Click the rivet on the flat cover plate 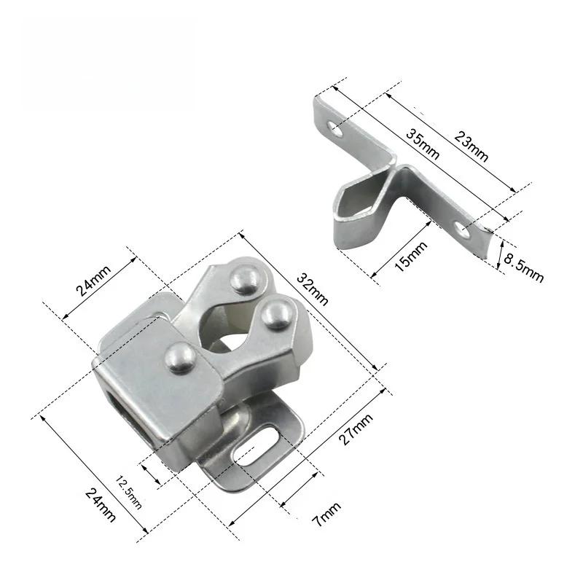180,356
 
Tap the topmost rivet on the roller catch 246,277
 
